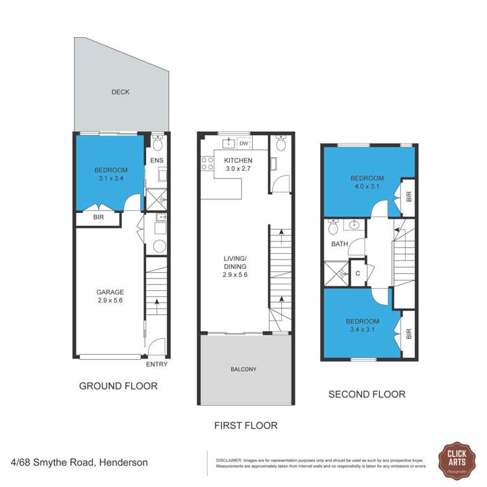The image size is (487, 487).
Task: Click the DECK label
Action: (120, 92)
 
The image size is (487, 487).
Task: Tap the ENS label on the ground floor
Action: (156, 160)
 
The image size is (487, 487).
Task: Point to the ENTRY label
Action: (156, 364)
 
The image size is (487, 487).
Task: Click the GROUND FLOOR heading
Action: (118, 386)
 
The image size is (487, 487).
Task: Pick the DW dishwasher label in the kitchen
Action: (243, 144)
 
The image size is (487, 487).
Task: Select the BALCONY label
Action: (243, 369)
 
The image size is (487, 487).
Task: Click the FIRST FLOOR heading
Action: (246, 426)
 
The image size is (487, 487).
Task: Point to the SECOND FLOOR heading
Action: (367, 394)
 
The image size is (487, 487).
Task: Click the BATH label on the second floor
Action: (340, 245)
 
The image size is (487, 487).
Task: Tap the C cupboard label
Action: (358, 273)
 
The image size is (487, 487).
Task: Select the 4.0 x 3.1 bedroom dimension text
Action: (367, 187)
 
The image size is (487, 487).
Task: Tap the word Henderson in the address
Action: (123, 463)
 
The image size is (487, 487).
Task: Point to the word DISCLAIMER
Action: (229, 459)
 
